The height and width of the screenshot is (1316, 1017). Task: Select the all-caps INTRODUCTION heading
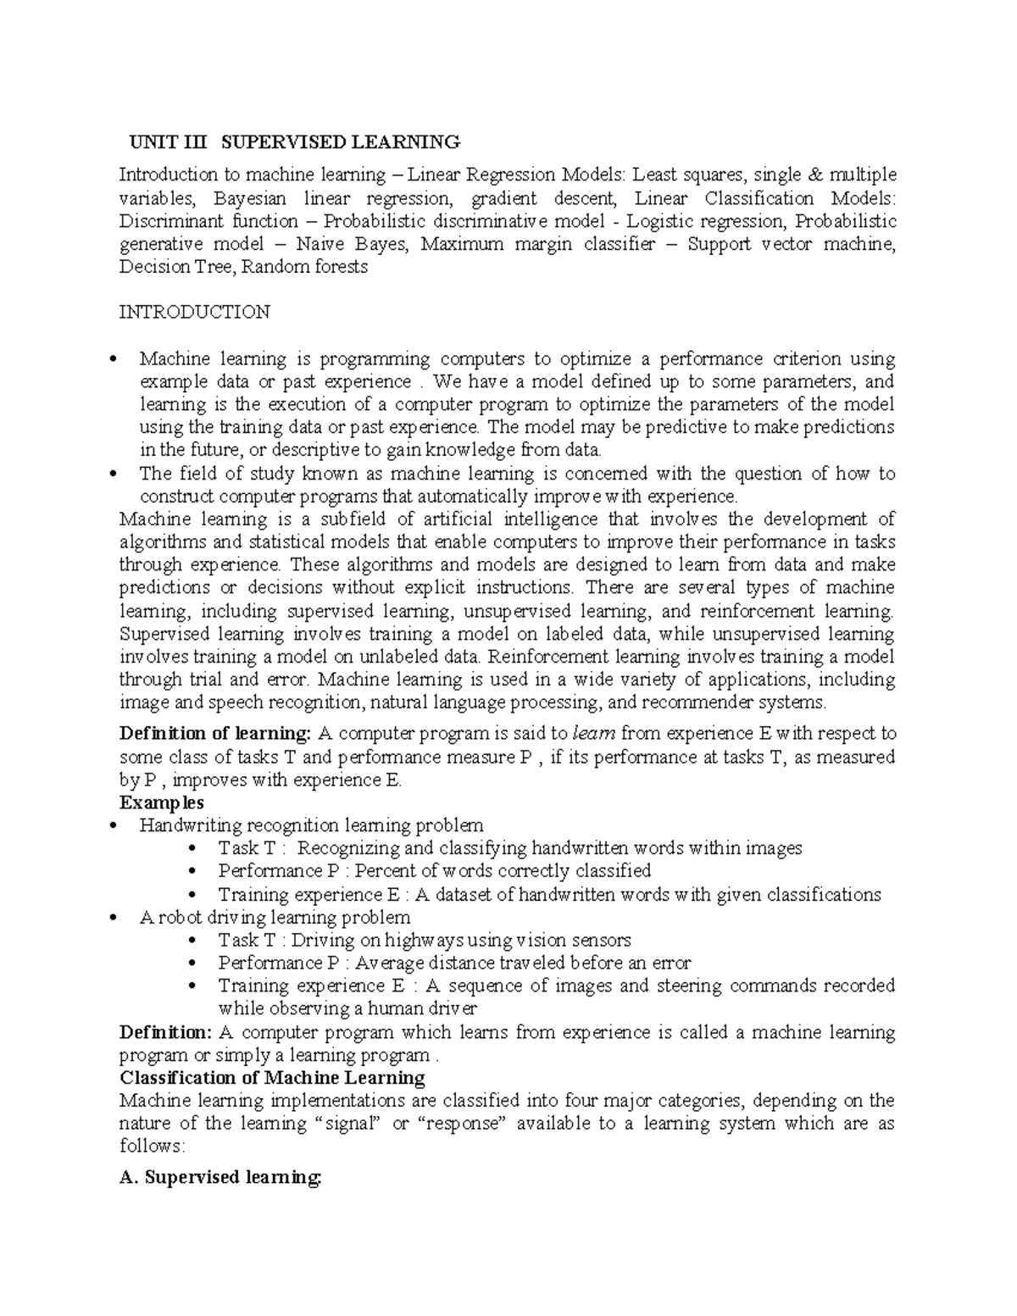194,312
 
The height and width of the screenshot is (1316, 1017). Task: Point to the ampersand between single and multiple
815,175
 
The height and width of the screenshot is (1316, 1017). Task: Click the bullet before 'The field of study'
124,475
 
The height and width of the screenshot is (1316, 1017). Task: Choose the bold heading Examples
162,802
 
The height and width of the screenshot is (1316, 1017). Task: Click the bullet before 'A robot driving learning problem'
124,918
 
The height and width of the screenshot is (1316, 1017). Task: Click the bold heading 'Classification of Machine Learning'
272,1078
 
